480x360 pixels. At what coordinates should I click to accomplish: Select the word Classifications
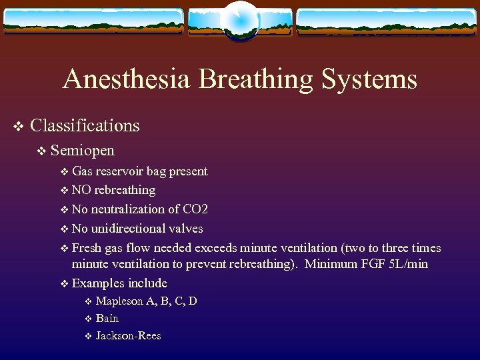(85, 125)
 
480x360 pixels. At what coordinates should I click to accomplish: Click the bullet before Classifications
(19, 126)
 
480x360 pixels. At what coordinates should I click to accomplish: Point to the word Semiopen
(82, 150)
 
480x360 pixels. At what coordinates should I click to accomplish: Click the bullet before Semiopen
(42, 151)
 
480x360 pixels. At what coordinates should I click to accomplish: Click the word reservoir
(121, 171)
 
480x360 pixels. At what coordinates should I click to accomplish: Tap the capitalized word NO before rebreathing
(82, 190)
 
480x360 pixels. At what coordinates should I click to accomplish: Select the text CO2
(195, 209)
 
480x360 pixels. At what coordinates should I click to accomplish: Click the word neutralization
(131, 209)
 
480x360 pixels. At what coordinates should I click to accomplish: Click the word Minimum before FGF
(331, 264)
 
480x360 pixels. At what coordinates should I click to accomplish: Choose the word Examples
(98, 283)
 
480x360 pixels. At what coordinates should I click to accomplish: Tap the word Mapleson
(119, 301)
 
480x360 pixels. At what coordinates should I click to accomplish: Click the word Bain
(107, 318)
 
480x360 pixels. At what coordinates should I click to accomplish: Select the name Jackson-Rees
(128, 335)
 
